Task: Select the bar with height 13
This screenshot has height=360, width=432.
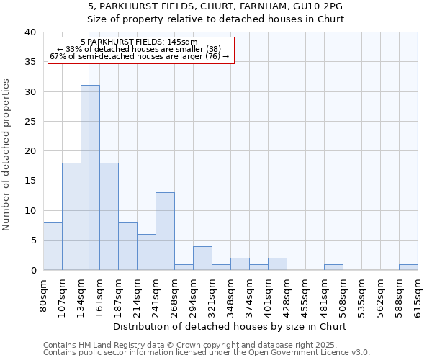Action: (165, 231)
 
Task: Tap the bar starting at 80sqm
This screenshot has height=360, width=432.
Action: (53, 246)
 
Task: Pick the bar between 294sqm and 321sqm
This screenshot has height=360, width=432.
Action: (202, 258)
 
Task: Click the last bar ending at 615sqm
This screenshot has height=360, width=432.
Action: (408, 267)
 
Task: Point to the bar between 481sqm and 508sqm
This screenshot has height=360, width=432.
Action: (333, 267)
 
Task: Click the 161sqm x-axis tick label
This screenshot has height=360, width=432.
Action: (99, 295)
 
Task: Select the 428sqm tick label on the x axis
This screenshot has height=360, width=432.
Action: (287, 295)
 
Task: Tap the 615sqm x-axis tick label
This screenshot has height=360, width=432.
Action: (418, 295)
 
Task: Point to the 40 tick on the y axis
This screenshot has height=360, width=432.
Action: (30, 32)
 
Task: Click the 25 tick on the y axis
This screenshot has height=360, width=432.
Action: (30, 122)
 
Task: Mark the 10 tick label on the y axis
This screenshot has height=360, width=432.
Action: (30, 211)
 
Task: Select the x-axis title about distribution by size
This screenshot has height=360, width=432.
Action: (230, 326)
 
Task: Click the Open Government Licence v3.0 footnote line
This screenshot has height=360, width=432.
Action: (207, 352)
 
